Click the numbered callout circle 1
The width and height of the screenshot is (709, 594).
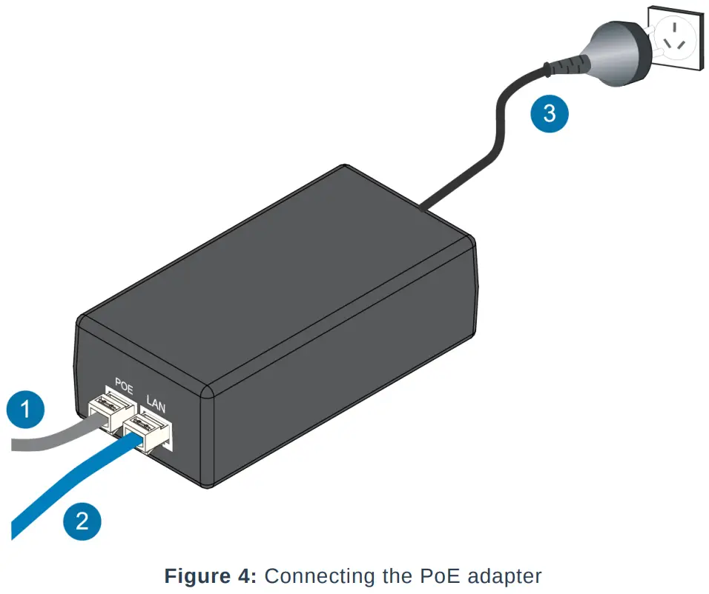tap(25, 410)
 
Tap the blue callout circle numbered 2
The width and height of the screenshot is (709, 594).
tap(82, 521)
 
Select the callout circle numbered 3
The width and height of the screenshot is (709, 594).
tap(549, 114)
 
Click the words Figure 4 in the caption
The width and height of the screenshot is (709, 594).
tap(209, 575)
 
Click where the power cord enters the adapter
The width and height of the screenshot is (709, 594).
tap(422, 210)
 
